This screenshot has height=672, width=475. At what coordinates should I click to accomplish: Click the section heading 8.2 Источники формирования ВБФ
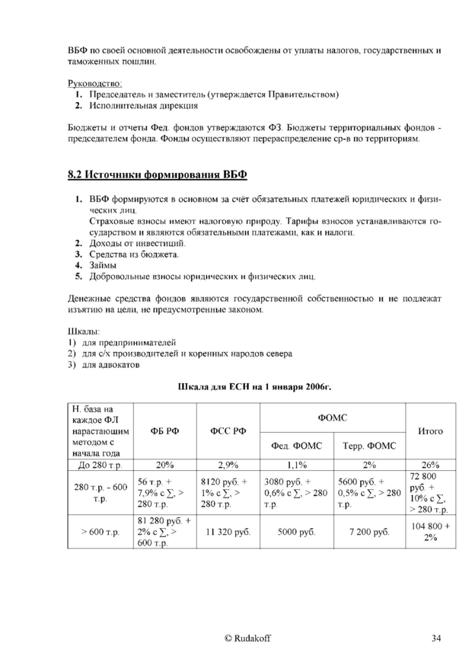point(158,174)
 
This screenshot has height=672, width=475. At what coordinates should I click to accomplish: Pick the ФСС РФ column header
point(228,431)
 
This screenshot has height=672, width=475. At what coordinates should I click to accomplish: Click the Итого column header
point(431,431)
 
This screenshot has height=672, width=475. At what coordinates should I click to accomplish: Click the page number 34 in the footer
point(435,637)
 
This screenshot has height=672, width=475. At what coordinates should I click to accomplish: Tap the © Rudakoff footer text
point(246,637)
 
